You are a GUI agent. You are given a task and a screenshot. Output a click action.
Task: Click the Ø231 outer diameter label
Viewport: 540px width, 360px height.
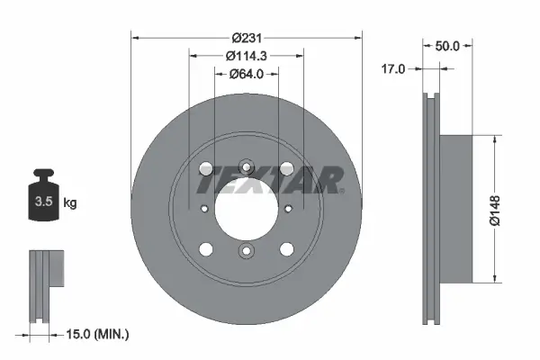pyautogui.click(x=246, y=38)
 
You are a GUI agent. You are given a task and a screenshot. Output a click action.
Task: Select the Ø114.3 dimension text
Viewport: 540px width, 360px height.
pyautogui.click(x=246, y=56)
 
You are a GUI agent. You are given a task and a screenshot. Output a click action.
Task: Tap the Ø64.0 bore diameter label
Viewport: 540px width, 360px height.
pyautogui.click(x=246, y=74)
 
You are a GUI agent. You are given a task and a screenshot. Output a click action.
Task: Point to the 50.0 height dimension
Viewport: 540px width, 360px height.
pyautogui.click(x=447, y=45)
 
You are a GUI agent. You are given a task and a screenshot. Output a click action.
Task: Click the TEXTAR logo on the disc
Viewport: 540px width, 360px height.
pyautogui.click(x=270, y=181)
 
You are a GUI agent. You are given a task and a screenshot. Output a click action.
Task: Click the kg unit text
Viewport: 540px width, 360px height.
pyautogui.click(x=70, y=202)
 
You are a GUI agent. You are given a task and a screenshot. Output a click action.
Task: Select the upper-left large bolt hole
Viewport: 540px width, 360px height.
pyautogui.click(x=205, y=168)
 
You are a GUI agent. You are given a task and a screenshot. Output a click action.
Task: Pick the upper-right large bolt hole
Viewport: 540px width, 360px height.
pyautogui.click(x=286, y=168)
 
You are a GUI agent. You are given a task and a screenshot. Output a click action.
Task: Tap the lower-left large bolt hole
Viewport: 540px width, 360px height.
pyautogui.click(x=205, y=249)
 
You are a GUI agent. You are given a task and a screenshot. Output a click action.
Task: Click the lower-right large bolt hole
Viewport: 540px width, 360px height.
pyautogui.click(x=286, y=249)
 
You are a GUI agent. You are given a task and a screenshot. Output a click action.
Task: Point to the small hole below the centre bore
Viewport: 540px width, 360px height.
pyautogui.click(x=246, y=252)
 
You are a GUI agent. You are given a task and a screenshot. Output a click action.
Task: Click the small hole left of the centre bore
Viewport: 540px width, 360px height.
pyautogui.click(x=204, y=209)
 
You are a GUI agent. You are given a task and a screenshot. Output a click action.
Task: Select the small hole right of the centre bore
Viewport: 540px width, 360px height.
pyautogui.click(x=288, y=209)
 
